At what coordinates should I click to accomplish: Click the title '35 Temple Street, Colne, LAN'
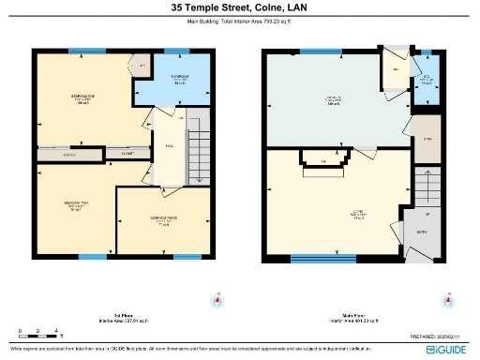tap(239, 7)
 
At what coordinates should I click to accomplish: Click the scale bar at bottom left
tap(39, 335)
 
